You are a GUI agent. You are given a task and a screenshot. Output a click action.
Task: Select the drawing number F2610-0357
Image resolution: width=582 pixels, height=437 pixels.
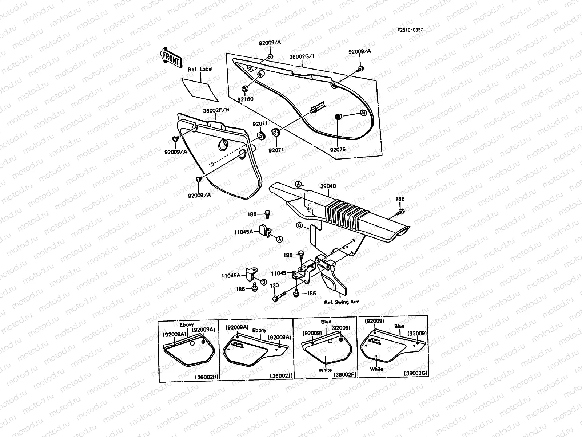(410, 30)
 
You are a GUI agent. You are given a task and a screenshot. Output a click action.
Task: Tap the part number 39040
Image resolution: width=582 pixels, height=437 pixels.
(328, 186)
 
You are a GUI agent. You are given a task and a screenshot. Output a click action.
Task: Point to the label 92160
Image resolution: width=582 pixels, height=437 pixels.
(246, 99)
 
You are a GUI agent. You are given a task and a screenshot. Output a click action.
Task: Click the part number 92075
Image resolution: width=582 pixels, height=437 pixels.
(338, 149)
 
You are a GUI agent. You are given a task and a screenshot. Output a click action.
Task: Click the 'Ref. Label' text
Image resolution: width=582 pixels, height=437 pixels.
(200, 69)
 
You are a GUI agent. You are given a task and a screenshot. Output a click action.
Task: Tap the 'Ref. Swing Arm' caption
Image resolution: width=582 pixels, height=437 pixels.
(342, 302)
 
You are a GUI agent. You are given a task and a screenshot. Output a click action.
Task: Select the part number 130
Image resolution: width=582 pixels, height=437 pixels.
(275, 286)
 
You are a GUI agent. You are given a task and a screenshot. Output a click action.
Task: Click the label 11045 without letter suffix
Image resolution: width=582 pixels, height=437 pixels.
(279, 272)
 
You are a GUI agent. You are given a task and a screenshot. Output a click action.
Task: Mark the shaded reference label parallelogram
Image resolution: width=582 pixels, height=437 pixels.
(200, 89)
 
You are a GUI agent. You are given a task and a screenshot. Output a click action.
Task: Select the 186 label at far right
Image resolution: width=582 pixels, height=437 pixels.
(400, 199)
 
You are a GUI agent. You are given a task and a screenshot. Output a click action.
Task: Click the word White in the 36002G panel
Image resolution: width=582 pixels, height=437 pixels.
(376, 369)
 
